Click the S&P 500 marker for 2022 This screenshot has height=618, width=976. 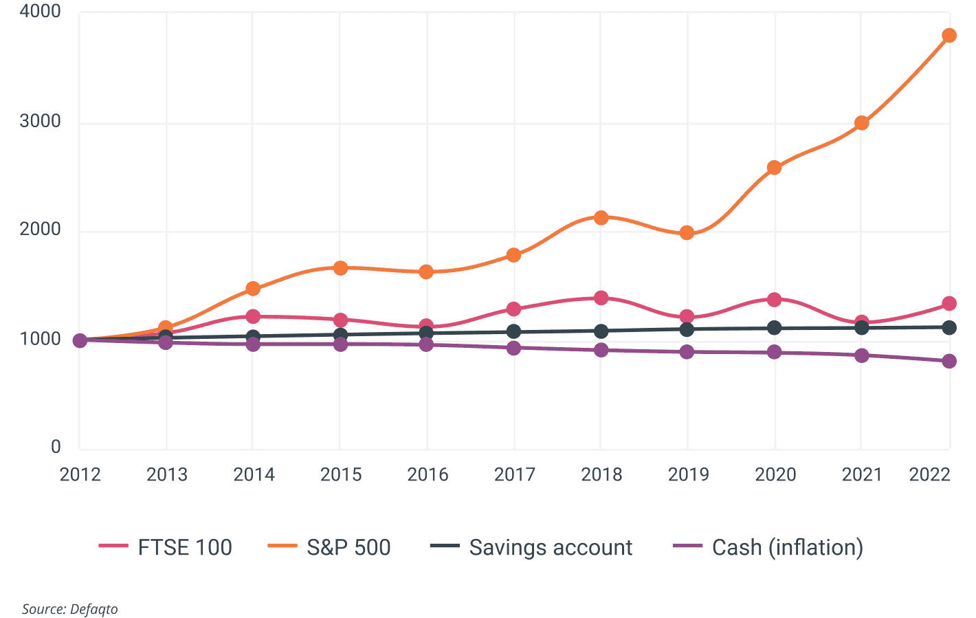pyautogui.click(x=949, y=36)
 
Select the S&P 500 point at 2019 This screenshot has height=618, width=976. pyautogui.click(x=687, y=233)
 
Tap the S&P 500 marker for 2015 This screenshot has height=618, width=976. pyautogui.click(x=340, y=268)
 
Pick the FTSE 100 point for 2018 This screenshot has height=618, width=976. pyautogui.click(x=601, y=298)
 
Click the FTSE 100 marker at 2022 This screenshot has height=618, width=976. pyautogui.click(x=949, y=304)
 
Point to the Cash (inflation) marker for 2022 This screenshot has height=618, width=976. pyautogui.click(x=949, y=362)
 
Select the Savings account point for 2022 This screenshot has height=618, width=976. pyautogui.click(x=949, y=328)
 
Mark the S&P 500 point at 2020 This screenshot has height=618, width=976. pyautogui.click(x=774, y=168)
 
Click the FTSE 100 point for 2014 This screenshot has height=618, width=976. pyautogui.click(x=253, y=316)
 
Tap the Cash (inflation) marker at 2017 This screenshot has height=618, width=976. pyautogui.click(x=513, y=348)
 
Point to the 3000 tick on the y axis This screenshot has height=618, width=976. pyautogui.click(x=40, y=121)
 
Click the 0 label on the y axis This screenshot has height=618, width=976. pyautogui.click(x=56, y=447)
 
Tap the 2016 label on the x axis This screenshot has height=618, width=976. pyautogui.click(x=428, y=474)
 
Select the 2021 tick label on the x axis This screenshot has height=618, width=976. pyautogui.click(x=862, y=474)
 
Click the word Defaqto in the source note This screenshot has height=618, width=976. pyautogui.click(x=93, y=609)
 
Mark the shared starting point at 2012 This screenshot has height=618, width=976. pyautogui.click(x=80, y=340)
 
